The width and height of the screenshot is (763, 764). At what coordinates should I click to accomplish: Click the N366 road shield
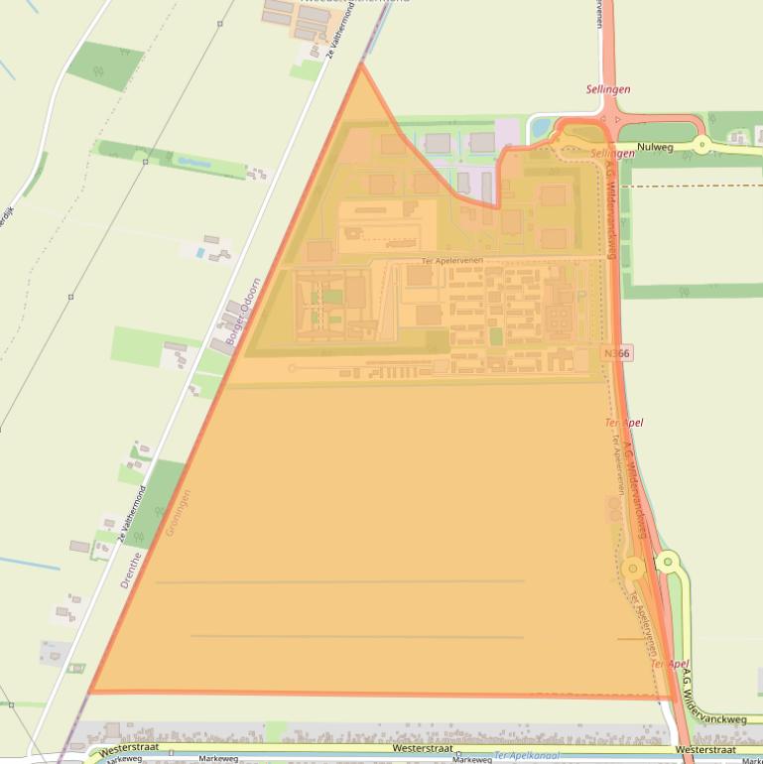point(617,352)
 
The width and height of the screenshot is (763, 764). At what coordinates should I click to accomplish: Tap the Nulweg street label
point(655,147)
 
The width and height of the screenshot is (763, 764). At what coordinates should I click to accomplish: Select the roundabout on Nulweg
point(702,146)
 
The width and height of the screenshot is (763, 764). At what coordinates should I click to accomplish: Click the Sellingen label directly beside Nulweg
point(612,154)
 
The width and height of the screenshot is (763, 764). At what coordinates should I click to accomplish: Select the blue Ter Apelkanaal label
point(526,756)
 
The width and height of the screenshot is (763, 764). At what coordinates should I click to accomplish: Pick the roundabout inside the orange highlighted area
point(632,569)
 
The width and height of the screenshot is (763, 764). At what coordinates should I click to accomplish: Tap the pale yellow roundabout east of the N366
point(667,563)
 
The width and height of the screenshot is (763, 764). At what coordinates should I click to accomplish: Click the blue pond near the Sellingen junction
point(540,128)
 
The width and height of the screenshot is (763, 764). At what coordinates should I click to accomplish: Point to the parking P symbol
point(580,295)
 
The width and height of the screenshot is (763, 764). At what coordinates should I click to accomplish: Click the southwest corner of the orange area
point(90,692)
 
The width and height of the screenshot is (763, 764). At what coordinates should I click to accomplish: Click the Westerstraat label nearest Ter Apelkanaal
point(423,747)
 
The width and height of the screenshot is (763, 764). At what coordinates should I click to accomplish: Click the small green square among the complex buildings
point(496,336)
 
